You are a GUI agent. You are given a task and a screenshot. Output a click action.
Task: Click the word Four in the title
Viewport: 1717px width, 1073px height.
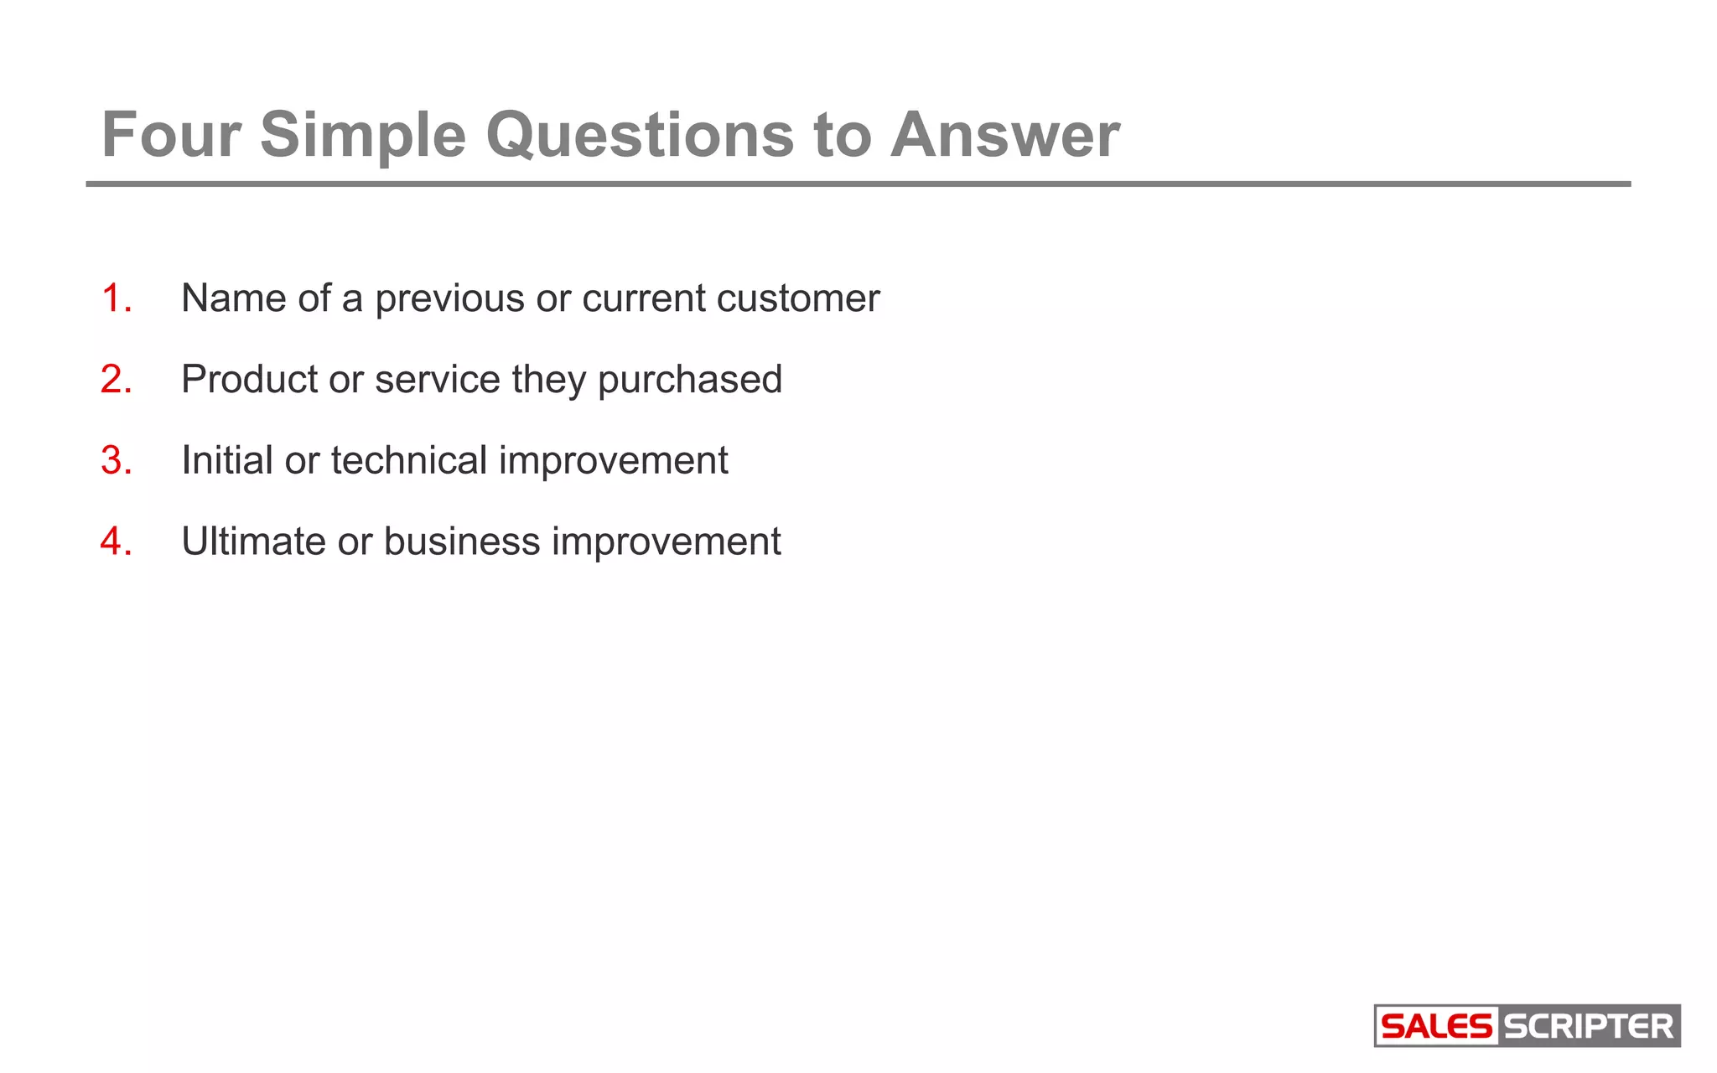(171, 134)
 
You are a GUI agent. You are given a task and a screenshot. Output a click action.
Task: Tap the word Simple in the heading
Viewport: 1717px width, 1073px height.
(362, 136)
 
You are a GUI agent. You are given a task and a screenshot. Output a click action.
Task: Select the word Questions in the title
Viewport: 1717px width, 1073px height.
(639, 136)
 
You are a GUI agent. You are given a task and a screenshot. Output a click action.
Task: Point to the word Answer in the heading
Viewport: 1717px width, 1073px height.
(1004, 134)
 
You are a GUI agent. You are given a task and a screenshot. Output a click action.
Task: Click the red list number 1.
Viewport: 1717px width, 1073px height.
(116, 298)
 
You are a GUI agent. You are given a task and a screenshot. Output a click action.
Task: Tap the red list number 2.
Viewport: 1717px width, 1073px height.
(116, 380)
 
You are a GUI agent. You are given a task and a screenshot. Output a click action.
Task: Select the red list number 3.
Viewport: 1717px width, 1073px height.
(116, 460)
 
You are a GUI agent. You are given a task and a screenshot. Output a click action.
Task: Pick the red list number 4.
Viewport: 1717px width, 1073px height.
(116, 542)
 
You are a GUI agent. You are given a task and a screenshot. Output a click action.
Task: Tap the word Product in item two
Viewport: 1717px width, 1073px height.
(249, 380)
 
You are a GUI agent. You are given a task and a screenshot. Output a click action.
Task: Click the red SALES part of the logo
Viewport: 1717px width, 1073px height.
(1436, 1026)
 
